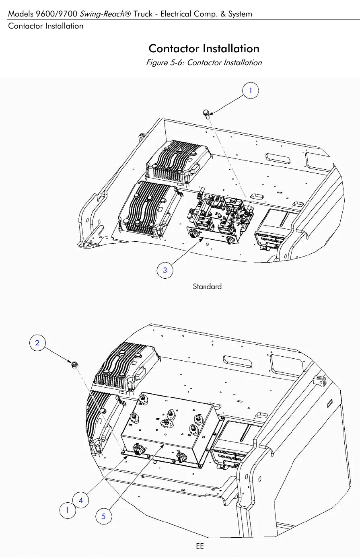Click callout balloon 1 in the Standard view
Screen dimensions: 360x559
click(x=251, y=90)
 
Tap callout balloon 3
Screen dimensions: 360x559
click(x=165, y=270)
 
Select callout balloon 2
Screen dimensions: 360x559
click(x=37, y=343)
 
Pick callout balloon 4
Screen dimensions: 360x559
click(x=80, y=500)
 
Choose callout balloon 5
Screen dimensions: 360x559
click(x=104, y=516)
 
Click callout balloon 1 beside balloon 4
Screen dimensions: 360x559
click(x=68, y=510)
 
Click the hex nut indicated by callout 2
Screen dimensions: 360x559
click(x=74, y=365)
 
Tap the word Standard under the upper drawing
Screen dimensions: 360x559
click(x=207, y=286)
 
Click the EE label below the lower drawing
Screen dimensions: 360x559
click(x=200, y=546)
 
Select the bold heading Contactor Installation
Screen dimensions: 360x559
click(x=204, y=48)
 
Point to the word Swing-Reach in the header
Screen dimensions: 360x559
click(x=102, y=14)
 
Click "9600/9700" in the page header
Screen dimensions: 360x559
click(x=56, y=14)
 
